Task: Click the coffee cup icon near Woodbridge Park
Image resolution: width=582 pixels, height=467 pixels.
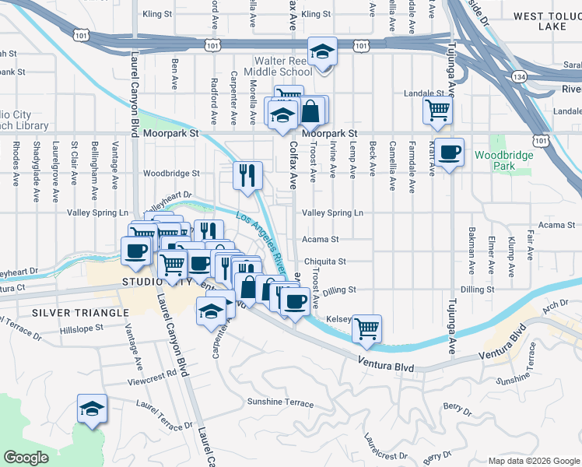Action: [448, 153]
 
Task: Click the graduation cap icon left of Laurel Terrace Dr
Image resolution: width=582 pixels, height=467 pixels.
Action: [92, 409]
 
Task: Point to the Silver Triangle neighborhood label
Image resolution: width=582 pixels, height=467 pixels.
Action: [79, 312]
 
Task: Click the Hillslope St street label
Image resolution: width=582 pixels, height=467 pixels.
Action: [81, 329]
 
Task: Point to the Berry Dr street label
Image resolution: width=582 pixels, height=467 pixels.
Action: [453, 406]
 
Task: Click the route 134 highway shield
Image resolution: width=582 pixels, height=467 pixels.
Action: [518, 76]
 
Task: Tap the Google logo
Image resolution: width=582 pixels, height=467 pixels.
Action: [26, 458]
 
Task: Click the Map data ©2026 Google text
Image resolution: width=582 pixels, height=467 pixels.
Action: [533, 461]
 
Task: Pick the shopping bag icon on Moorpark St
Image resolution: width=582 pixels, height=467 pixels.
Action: [310, 111]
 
